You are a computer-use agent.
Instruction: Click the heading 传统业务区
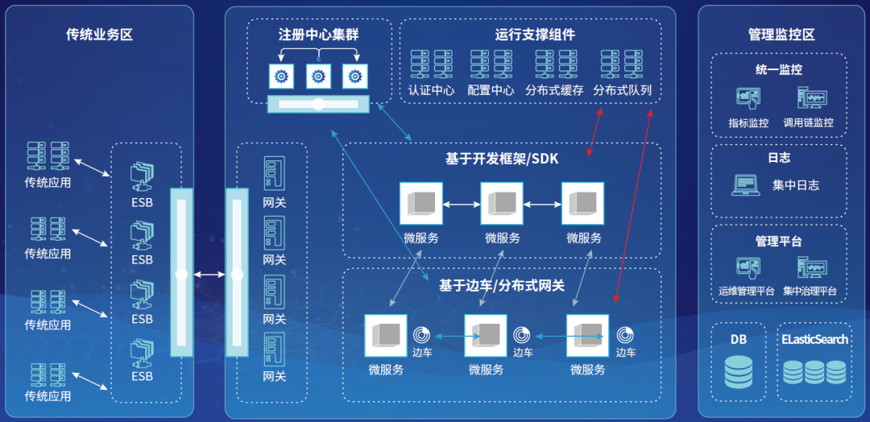(99, 35)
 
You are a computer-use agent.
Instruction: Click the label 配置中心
(491, 90)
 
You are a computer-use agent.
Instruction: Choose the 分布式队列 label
(622, 90)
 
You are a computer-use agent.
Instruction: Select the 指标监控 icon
(748, 99)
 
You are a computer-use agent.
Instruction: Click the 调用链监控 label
(808, 123)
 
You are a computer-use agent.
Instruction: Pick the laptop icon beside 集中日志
(745, 185)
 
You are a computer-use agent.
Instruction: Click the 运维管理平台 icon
(748, 267)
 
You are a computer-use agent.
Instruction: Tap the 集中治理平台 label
(810, 291)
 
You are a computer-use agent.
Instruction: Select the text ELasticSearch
(814, 339)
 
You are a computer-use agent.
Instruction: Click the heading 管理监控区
(781, 35)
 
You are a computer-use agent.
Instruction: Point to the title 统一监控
(779, 70)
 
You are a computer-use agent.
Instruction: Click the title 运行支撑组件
(535, 35)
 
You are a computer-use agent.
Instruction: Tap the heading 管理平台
(778, 241)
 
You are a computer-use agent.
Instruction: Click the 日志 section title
(779, 159)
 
